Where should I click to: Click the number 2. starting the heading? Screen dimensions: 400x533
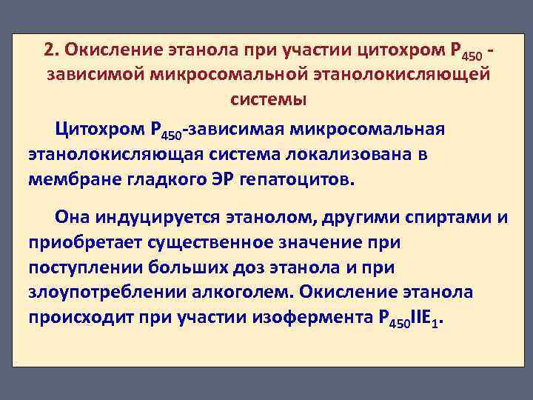coord(51,49)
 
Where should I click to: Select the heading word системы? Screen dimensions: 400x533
coord(268,98)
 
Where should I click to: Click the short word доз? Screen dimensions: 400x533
coord(255,267)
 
